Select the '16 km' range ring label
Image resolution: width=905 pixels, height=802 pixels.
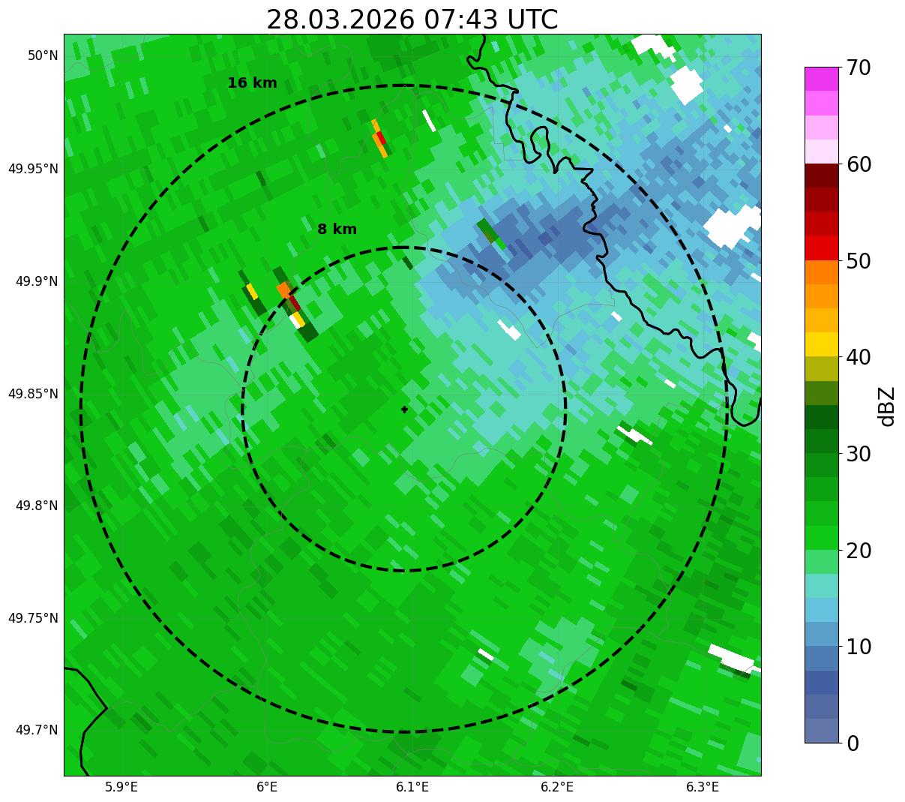[x=252, y=83]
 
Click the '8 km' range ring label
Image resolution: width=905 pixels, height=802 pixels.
[x=337, y=230]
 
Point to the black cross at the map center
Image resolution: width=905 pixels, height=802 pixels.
[x=404, y=410]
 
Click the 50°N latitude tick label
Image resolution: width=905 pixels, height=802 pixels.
[x=43, y=56]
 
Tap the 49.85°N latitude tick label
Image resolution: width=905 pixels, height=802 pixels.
[x=33, y=394]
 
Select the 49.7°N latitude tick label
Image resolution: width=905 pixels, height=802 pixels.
[x=37, y=730]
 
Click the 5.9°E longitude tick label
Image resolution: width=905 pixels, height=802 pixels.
[x=121, y=787]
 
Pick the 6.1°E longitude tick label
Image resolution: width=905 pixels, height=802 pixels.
[x=412, y=787]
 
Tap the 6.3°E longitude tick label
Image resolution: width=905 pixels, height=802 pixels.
[x=703, y=787]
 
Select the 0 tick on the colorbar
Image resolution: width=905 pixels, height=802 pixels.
[x=853, y=743]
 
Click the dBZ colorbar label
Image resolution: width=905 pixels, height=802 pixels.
[x=887, y=406]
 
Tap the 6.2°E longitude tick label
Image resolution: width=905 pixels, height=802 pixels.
[x=557, y=787]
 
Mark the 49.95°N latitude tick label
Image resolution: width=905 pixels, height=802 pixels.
[x=33, y=169]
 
